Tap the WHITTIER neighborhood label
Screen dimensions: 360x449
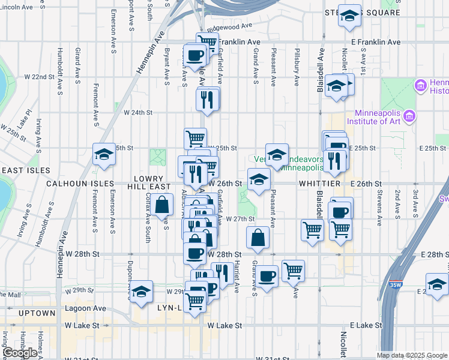[318, 183]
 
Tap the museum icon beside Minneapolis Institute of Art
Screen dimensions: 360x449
[410, 115]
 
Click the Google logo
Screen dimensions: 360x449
[20, 353]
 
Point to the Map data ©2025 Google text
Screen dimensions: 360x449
[412, 355]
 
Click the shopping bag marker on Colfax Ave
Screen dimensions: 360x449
[163, 205]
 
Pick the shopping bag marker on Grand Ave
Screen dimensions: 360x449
[258, 237]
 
